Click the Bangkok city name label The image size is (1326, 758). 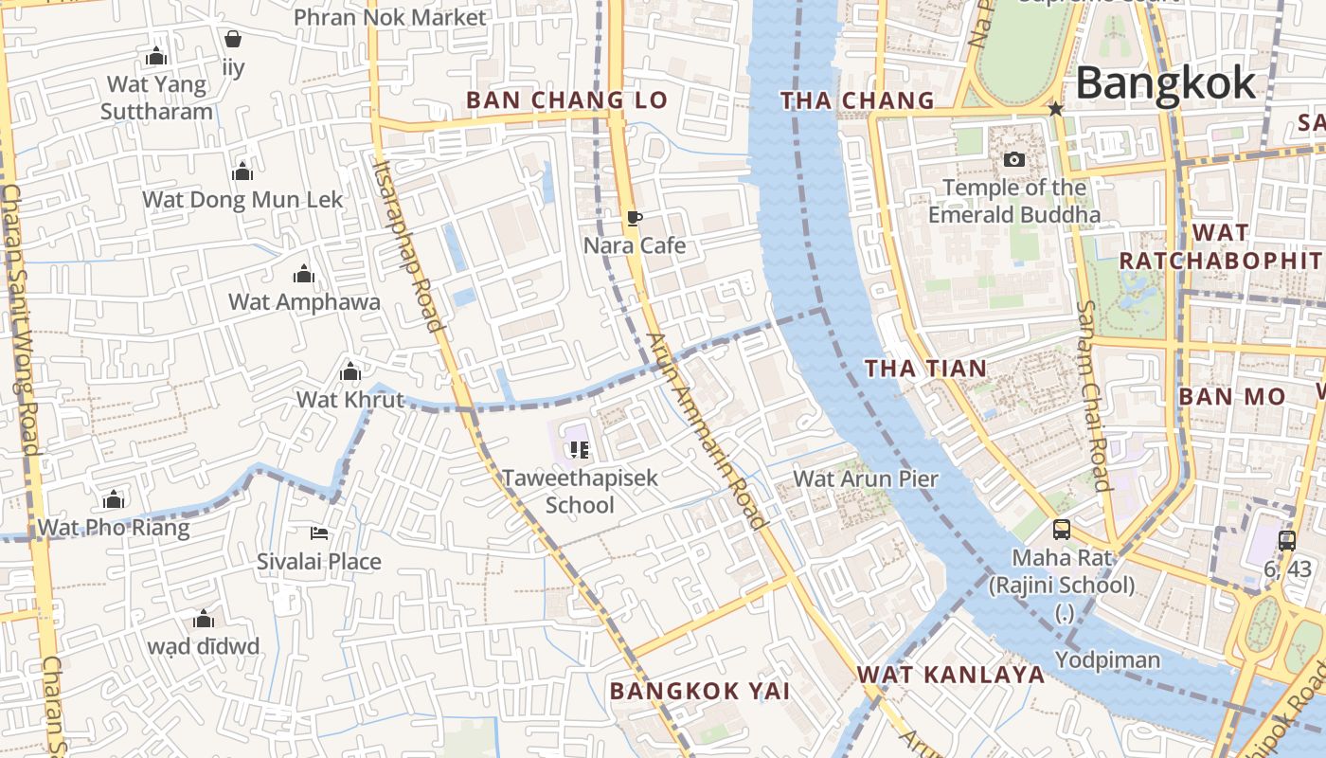(1165, 83)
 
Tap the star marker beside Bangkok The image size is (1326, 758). (1056, 109)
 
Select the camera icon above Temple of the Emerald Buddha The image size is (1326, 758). (1014, 159)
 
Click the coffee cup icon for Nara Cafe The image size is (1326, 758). (634, 219)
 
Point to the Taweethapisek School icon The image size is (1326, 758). (580, 449)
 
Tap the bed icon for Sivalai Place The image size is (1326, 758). (319, 533)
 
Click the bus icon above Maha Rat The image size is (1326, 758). (1062, 529)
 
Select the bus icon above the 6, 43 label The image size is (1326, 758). (1286, 540)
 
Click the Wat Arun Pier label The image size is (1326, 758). (865, 478)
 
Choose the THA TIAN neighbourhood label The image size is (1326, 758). (925, 369)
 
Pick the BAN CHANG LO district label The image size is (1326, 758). (566, 99)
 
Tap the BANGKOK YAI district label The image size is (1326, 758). (699, 691)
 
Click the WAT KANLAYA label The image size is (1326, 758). (951, 675)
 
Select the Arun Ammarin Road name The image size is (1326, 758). (707, 431)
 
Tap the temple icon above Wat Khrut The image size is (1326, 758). (350, 370)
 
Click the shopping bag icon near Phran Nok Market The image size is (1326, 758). (233, 39)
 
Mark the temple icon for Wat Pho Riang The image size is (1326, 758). (114, 499)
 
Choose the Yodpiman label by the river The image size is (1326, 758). (1107, 659)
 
